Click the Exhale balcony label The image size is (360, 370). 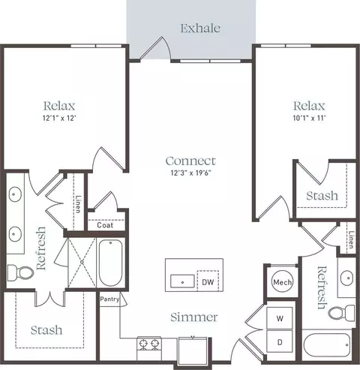click(x=200, y=28)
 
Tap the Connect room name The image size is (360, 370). click(x=190, y=161)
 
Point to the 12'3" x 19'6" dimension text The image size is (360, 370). click(x=191, y=173)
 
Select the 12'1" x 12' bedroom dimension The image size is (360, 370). click(x=59, y=118)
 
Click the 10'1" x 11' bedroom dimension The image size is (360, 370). click(x=309, y=118)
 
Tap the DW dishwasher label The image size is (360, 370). click(x=208, y=282)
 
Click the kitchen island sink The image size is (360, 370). click(x=182, y=281)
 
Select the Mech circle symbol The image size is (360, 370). click(x=282, y=282)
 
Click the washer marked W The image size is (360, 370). click(x=280, y=318)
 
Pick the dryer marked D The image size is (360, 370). click(x=280, y=341)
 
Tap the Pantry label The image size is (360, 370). click(x=109, y=299)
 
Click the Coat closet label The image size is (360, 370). click(x=105, y=225)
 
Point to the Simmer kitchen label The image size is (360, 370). click(x=194, y=317)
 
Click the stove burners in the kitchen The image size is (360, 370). click(x=149, y=344)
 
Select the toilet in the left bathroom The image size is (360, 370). click(x=20, y=272)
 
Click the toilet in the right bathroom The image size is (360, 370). click(x=341, y=313)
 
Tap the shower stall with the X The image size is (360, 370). click(x=82, y=262)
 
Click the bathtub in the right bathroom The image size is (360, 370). click(x=326, y=344)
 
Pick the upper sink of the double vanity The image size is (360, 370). click(x=15, y=194)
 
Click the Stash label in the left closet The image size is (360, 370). click(x=46, y=330)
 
